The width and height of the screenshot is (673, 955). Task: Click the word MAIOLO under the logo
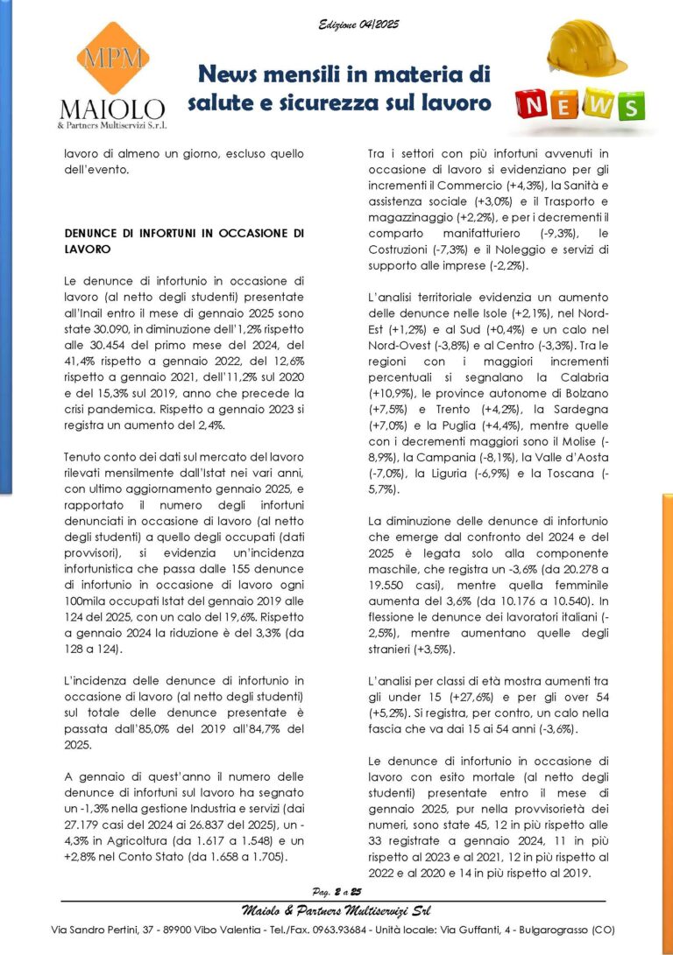110,109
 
